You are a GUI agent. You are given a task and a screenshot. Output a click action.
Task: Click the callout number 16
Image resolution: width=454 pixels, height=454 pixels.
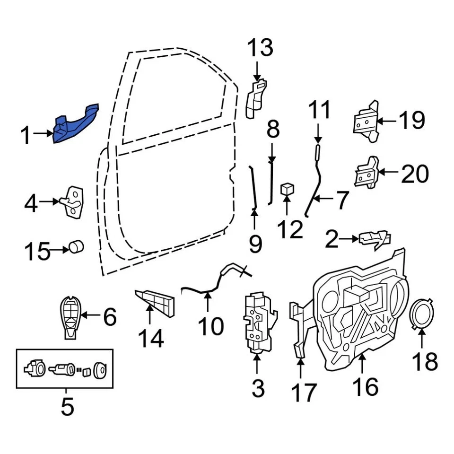coord(365,387)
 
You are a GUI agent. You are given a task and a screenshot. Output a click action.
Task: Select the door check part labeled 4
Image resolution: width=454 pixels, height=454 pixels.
coord(75,202)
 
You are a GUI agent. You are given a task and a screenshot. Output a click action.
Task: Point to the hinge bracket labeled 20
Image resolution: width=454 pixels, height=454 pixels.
coord(367,172)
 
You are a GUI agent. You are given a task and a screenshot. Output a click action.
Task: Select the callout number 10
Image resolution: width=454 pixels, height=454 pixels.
coord(210,326)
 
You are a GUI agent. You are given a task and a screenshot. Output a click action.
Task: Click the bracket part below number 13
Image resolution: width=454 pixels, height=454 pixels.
coord(255,98)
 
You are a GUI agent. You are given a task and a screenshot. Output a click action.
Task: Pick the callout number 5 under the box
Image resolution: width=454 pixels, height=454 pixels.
coord(67,406)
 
